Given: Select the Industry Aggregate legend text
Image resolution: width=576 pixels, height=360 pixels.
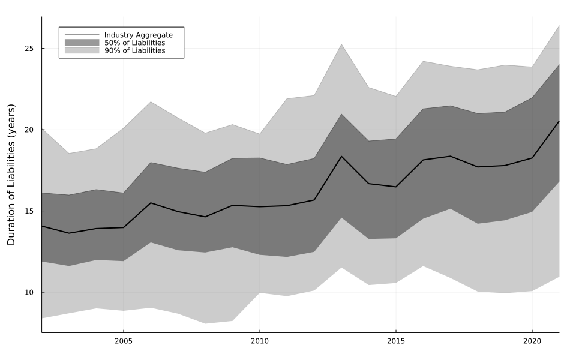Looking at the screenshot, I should click(138, 35).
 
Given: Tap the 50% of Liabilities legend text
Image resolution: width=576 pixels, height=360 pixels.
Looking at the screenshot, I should click(134, 43).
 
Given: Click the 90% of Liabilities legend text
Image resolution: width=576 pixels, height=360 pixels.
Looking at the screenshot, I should click(134, 51).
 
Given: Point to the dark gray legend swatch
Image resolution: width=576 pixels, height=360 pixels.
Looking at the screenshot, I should click(82, 43).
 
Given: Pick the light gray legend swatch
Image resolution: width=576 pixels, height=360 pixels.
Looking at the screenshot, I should click(82, 51).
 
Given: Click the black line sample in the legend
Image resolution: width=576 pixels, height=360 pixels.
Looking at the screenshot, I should click(82, 35).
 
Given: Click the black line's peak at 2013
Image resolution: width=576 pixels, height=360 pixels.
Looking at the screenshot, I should click(341, 156).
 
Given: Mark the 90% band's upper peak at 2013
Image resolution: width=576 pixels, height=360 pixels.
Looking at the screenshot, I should click(341, 44).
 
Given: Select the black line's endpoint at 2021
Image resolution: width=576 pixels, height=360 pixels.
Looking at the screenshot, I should click(559, 121).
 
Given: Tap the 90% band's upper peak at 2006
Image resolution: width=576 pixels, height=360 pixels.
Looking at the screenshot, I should click(151, 101).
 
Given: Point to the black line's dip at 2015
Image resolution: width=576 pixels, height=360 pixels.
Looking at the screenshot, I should click(395, 187).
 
